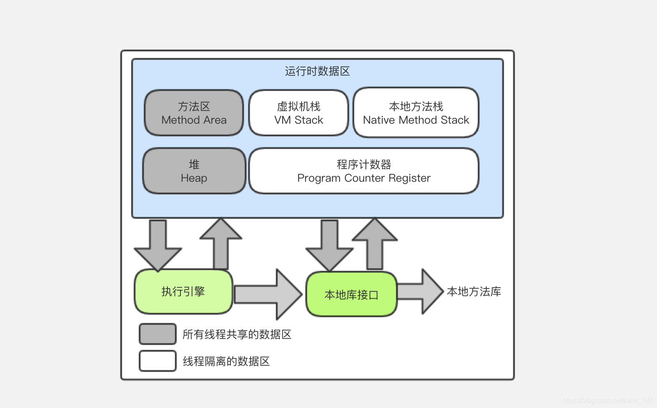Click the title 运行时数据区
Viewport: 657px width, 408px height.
point(317,71)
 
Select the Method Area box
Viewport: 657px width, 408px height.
point(194,113)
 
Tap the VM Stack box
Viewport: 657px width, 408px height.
point(299,113)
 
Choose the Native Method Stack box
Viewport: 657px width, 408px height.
point(416,113)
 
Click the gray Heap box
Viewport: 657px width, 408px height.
point(194,171)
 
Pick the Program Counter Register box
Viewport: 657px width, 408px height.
point(364,171)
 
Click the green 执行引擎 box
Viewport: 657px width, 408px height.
point(183,291)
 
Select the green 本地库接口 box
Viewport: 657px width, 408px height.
point(351,294)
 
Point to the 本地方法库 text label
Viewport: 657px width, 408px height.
point(474,291)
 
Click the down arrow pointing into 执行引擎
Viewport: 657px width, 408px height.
point(158,246)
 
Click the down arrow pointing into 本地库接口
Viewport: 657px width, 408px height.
point(329,246)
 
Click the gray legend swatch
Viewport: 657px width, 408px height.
point(158,334)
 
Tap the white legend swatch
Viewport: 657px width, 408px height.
point(158,361)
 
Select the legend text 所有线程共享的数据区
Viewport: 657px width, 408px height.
point(237,334)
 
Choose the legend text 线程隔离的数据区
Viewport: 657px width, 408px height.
point(226,361)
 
